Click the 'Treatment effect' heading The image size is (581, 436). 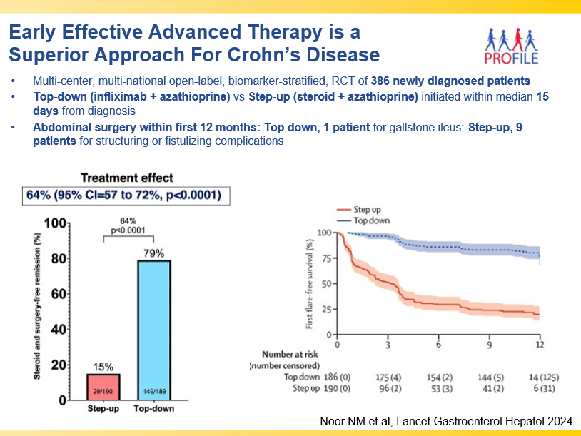coord(126,178)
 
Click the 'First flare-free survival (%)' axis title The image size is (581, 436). coord(310,283)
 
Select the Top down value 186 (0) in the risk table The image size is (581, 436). coord(331,376)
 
